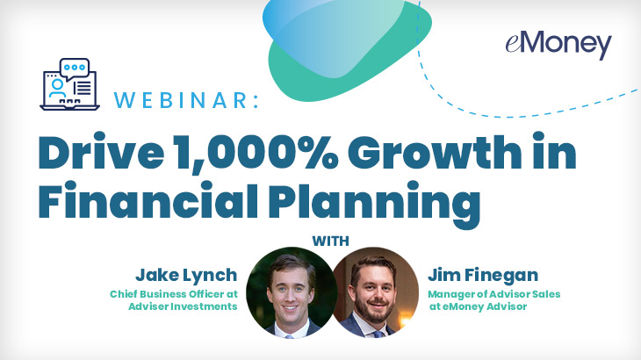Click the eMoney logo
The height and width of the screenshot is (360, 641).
point(558,45)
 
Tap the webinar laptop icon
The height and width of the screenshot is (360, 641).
point(69,84)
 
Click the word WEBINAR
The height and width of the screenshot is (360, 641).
point(180,100)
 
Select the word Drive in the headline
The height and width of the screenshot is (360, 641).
point(101,151)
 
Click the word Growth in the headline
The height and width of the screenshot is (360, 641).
point(435,151)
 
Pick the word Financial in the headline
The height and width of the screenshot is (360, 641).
point(148,200)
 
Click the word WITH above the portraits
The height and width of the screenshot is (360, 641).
point(330,241)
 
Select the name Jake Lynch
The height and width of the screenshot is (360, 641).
point(186,276)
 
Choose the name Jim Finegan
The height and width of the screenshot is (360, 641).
point(483,275)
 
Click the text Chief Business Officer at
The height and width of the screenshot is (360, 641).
point(174,294)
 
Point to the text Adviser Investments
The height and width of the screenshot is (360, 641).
point(183,306)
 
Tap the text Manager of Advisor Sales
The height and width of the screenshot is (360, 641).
point(493,294)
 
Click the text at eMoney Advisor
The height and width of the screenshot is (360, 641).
point(478,306)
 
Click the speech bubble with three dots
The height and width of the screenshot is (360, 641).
point(75,68)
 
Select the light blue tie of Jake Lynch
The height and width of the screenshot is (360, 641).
point(290,336)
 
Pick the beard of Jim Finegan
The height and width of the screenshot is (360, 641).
point(374,308)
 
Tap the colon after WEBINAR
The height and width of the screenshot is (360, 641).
point(256,101)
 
